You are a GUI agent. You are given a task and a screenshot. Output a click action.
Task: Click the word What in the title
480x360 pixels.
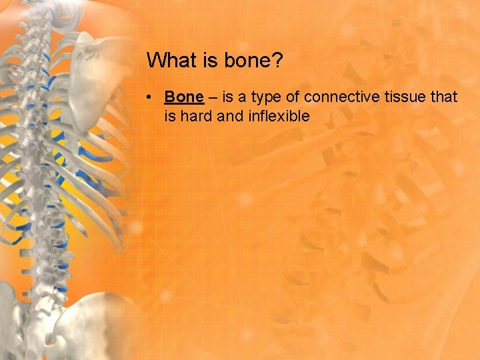click(167, 61)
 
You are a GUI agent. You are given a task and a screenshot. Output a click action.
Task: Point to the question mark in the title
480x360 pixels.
click(278, 61)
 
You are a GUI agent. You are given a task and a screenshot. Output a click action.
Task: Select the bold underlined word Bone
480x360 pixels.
click(183, 97)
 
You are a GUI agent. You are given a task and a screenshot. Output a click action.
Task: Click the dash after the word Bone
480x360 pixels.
click(212, 97)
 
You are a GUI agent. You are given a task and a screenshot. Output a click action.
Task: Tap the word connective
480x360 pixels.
click(341, 97)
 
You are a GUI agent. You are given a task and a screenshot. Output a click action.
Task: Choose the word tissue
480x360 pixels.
click(405, 97)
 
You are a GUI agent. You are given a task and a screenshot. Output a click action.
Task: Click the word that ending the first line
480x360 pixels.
click(444, 97)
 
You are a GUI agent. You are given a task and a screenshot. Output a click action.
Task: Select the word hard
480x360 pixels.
click(194, 116)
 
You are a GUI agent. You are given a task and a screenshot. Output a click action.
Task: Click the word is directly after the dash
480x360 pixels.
click(227, 97)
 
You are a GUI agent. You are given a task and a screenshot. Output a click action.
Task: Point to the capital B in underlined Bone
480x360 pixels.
click(170, 97)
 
